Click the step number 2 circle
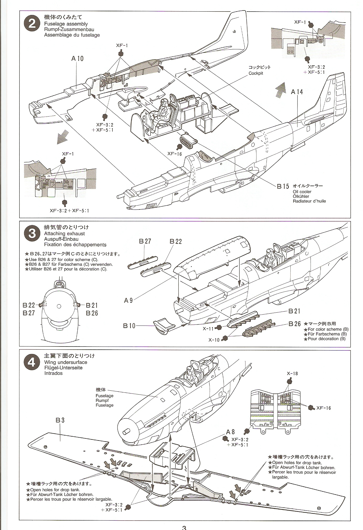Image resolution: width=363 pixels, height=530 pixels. click(x=32, y=24)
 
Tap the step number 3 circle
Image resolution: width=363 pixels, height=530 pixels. click(x=32, y=233)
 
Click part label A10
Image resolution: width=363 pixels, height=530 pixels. click(x=77, y=58)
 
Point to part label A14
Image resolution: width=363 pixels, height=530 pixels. click(x=297, y=92)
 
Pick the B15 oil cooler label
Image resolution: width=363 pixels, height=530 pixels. click(x=283, y=186)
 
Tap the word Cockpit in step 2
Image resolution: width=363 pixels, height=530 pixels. click(x=255, y=73)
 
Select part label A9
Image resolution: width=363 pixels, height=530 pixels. click(x=128, y=300)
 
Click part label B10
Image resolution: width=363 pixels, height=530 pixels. click(x=129, y=326)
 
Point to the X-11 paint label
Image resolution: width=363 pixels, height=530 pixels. click(x=208, y=328)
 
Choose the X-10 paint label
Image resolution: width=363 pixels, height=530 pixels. click(x=214, y=340)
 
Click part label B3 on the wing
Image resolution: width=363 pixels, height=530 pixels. click(x=60, y=420)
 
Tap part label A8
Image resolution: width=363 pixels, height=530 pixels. click(x=231, y=432)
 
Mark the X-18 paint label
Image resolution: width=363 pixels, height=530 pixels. click(x=292, y=374)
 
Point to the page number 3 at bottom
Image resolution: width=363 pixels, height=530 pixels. click(x=184, y=527)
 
